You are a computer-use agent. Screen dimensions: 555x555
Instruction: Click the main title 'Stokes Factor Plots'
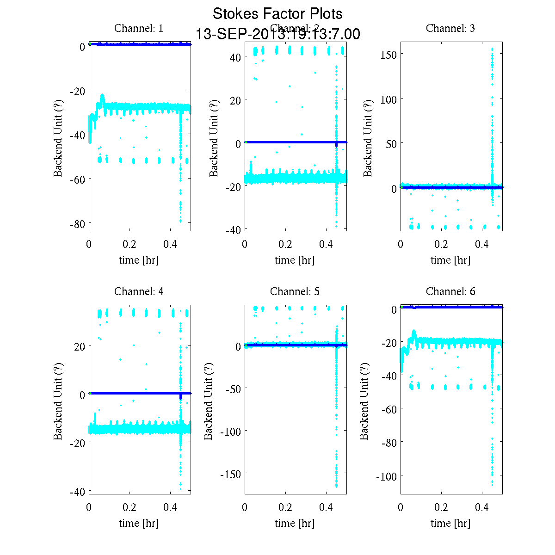point(277,14)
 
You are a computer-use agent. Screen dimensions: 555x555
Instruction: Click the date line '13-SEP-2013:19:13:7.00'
point(277,34)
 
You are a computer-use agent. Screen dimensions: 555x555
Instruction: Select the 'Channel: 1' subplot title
point(139,28)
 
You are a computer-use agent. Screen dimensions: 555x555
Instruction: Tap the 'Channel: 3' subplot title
point(450,28)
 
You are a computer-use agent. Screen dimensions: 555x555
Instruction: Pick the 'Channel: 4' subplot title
point(139,291)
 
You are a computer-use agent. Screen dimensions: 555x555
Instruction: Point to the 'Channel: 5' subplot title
point(295,291)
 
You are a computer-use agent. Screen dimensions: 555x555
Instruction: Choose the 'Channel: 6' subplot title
point(450,291)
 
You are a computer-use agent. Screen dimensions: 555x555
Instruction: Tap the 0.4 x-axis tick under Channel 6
point(482,507)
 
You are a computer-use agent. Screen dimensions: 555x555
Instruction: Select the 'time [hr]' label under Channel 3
point(450,260)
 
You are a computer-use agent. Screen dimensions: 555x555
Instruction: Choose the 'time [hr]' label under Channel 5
point(295,523)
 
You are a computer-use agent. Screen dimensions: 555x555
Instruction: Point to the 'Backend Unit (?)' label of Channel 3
point(368,137)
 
